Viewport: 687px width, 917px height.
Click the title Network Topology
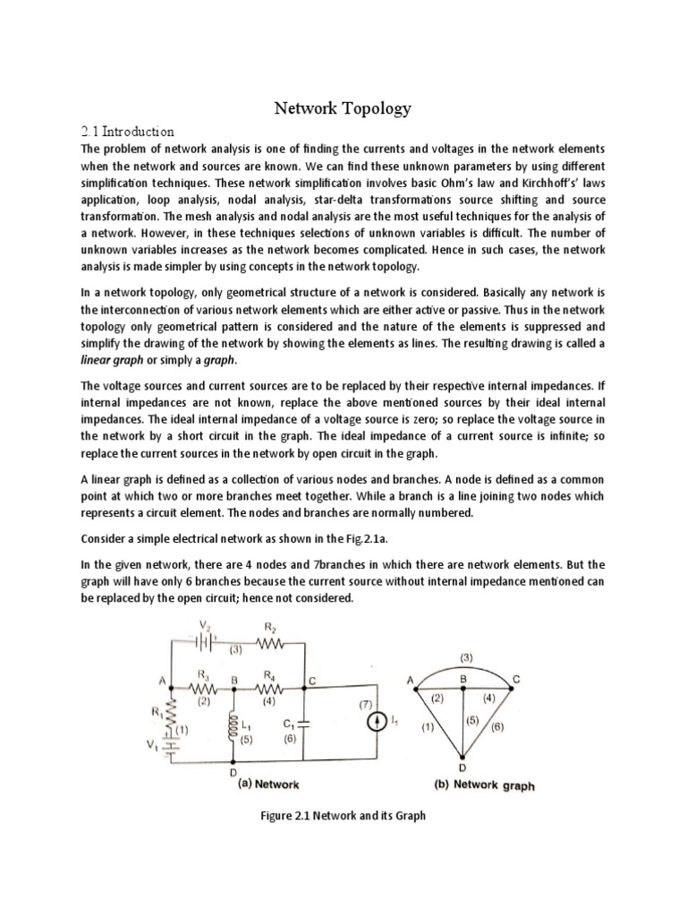click(343, 108)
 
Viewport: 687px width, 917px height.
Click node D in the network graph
click(464, 764)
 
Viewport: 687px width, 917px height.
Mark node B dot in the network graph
click(464, 688)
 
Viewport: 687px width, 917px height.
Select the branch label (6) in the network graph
click(497, 727)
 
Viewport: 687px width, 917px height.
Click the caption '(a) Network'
click(267, 783)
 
